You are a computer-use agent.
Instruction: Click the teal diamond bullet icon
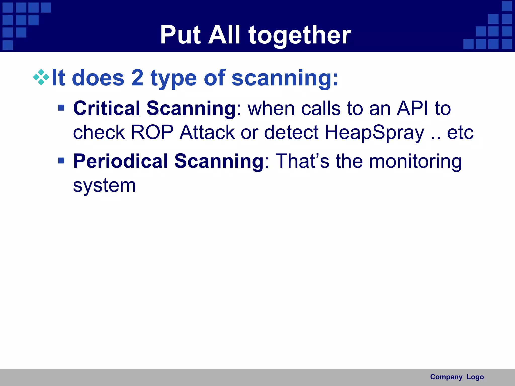point(41,77)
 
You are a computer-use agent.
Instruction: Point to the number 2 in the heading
point(137,78)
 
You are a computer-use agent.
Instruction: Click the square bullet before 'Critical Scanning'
point(61,108)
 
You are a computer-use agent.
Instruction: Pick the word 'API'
point(412,108)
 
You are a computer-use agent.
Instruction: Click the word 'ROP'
point(152,132)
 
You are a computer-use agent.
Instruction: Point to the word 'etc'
point(460,133)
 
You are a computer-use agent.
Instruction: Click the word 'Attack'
point(207,132)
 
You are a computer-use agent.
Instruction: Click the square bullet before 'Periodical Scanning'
point(61,160)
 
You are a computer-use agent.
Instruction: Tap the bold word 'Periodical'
point(120,161)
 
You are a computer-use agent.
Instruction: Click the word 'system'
point(104,186)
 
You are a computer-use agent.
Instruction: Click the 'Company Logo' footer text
point(457,377)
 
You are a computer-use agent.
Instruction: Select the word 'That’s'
point(302,161)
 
